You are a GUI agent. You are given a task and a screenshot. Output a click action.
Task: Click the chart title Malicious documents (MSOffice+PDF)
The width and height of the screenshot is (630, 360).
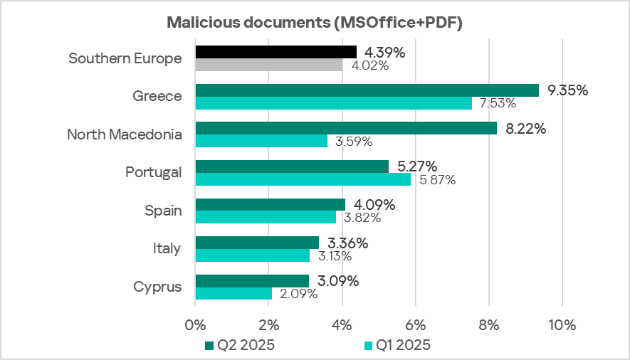click(x=315, y=22)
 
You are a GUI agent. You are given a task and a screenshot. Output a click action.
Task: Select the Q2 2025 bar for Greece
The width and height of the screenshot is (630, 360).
click(x=367, y=90)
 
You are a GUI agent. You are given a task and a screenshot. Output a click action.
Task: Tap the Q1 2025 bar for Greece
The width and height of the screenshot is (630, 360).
click(x=333, y=103)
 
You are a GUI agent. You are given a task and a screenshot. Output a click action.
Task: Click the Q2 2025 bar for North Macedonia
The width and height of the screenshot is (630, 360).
click(x=346, y=128)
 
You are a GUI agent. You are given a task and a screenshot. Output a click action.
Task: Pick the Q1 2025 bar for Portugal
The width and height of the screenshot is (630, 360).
click(x=303, y=179)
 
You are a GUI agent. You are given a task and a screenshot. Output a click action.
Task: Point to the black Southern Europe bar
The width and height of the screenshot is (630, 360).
click(x=275, y=52)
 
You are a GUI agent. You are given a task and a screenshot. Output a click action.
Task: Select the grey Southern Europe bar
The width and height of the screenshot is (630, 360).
click(x=268, y=65)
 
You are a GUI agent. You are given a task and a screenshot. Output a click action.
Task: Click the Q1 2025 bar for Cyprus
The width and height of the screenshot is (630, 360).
click(x=233, y=293)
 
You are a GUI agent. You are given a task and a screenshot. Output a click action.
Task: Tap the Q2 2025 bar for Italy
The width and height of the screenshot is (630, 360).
click(x=256, y=243)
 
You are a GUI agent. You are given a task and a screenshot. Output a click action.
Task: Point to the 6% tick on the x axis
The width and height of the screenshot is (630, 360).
click(x=415, y=325)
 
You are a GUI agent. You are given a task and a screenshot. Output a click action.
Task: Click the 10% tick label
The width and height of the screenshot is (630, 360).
click(x=562, y=325)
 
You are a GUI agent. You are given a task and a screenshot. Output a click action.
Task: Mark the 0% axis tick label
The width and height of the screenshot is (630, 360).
click(x=195, y=325)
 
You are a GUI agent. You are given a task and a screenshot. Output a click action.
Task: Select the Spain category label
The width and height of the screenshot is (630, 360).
click(x=162, y=211)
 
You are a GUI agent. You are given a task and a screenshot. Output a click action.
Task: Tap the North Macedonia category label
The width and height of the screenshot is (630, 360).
click(x=124, y=134)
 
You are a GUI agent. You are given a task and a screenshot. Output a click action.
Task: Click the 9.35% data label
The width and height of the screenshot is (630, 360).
click(x=567, y=90)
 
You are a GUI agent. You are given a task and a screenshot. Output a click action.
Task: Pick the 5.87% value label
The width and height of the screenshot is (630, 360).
click(x=435, y=180)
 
